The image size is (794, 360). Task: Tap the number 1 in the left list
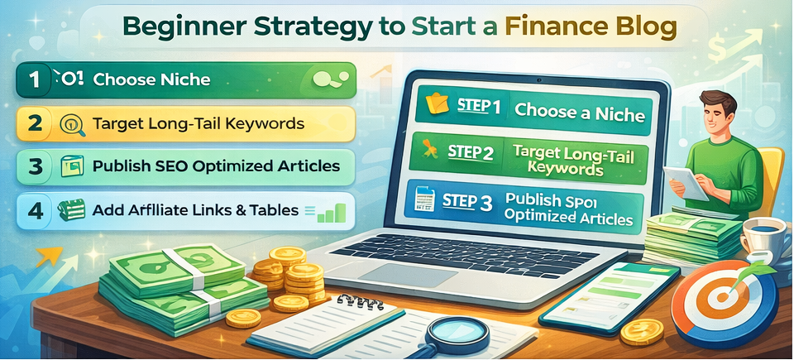tap(34, 80)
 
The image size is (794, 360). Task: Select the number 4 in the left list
tap(34, 210)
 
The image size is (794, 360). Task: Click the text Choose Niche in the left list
tap(151, 80)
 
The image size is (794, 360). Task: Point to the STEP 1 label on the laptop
tap(480, 108)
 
